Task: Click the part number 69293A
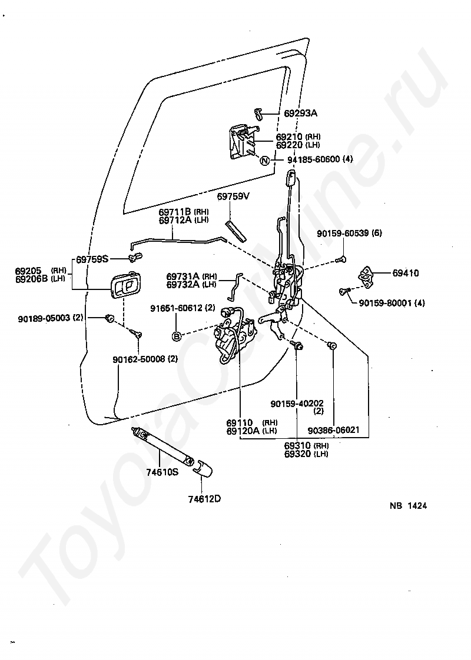[300, 113]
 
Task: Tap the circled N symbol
[264, 161]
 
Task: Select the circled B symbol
[176, 336]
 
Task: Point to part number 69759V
[233, 196]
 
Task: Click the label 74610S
[162, 471]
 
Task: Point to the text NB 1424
[407, 505]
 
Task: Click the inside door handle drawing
[125, 286]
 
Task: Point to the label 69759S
[92, 258]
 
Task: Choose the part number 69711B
[175, 212]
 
